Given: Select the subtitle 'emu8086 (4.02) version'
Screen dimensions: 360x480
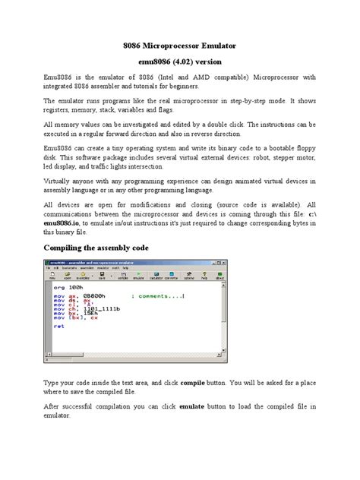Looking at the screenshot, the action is (179, 61).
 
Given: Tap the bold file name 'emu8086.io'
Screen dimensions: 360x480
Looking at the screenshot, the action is (67, 224).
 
